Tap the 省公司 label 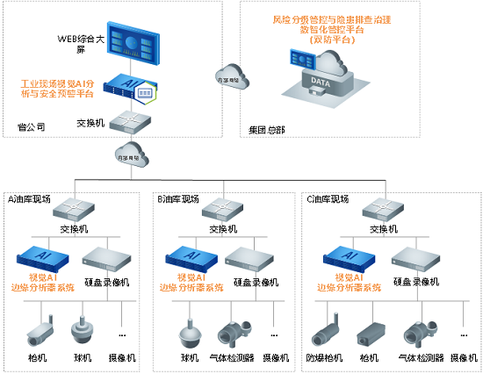pyautogui.click(x=31, y=127)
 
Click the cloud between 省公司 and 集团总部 pyautogui.click(x=229, y=78)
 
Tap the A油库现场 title pyautogui.click(x=30, y=198)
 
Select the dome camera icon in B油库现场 pyautogui.click(x=189, y=335)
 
